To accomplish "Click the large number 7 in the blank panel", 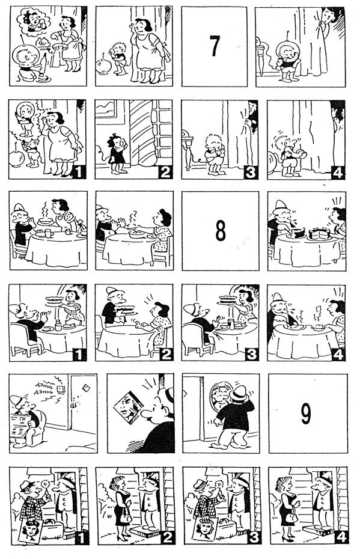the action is [x=214, y=46].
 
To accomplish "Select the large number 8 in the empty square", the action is [x=221, y=231].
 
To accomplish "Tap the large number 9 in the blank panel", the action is [x=306, y=414].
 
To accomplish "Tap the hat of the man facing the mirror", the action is [x=239, y=393].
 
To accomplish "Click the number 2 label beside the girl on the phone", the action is [x=165, y=173].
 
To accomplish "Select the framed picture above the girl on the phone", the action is [x=106, y=108].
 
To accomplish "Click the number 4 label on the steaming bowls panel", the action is [x=338, y=354].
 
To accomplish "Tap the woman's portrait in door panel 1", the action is [x=31, y=531].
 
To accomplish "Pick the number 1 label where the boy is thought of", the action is [x=79, y=173].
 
